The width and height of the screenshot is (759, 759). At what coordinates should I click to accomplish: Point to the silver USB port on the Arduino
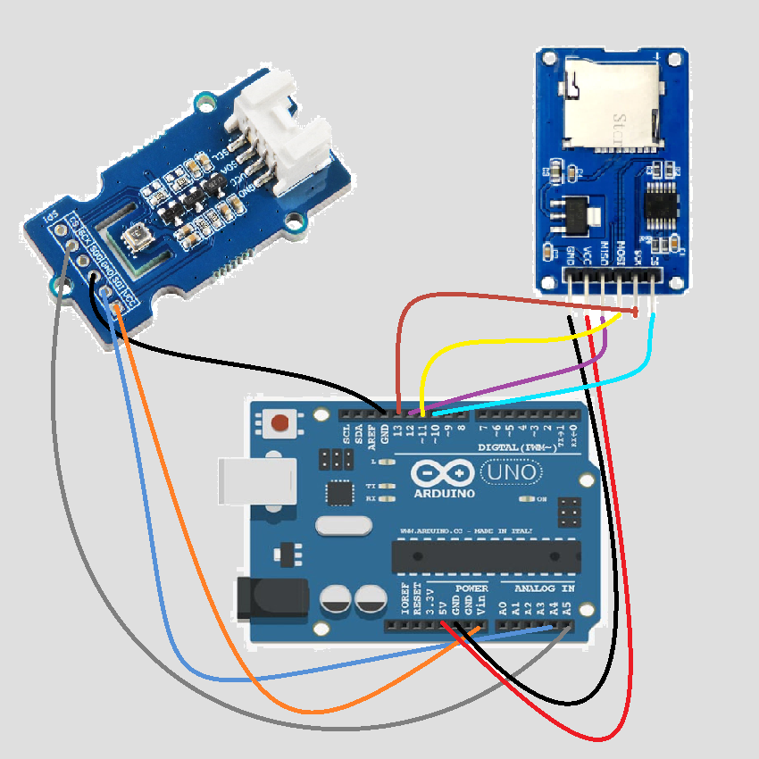tap(255, 480)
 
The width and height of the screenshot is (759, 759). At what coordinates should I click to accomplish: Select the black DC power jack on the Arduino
tap(271, 599)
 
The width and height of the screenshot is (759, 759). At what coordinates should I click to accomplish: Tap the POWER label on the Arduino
tap(471, 589)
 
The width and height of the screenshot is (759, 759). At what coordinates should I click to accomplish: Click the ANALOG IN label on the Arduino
tap(543, 589)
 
